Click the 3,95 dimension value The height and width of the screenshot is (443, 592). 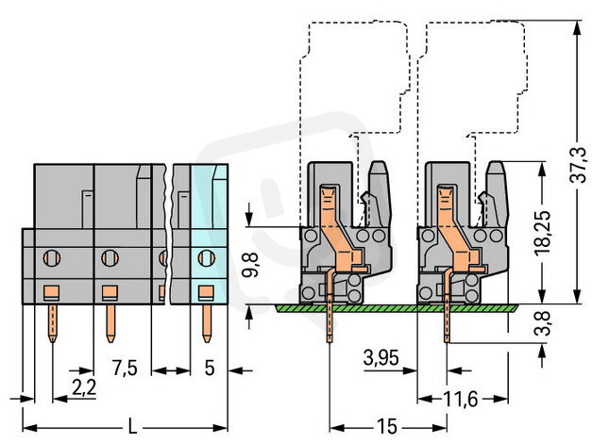[382, 357]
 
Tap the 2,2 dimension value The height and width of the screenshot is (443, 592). [83, 385]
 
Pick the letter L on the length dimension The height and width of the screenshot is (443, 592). [132, 429]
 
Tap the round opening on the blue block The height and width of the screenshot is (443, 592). [206, 254]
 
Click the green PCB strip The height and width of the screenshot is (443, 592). [397, 307]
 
